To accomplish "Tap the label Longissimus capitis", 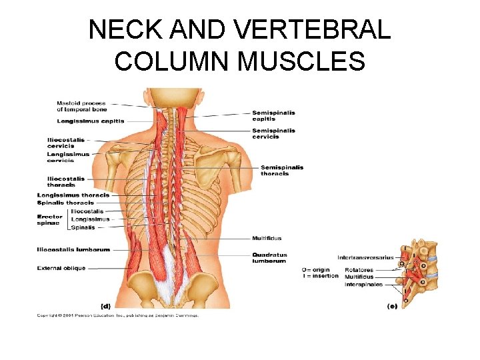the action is tap(82, 121).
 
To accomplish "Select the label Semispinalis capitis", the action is tap(273, 116).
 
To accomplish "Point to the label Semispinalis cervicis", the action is tap(273, 134).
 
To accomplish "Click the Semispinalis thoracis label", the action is tap(281, 170).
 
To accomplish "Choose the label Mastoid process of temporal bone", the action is tap(81, 107).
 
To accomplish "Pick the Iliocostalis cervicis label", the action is tap(65, 142).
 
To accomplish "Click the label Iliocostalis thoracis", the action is tap(65, 181).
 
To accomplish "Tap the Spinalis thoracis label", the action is tap(65, 203).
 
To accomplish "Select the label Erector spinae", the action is tap(50, 220).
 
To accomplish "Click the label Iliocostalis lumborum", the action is tap(73, 249).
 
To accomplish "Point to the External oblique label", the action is tap(61, 268).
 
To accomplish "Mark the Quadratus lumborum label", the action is tap(269, 257).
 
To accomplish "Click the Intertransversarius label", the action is tap(365, 257).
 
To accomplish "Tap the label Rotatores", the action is tap(359, 270).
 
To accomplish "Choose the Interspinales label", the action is tap(363, 285).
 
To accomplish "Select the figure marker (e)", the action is tap(392, 306).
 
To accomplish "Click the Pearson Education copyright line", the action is tap(117, 315).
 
